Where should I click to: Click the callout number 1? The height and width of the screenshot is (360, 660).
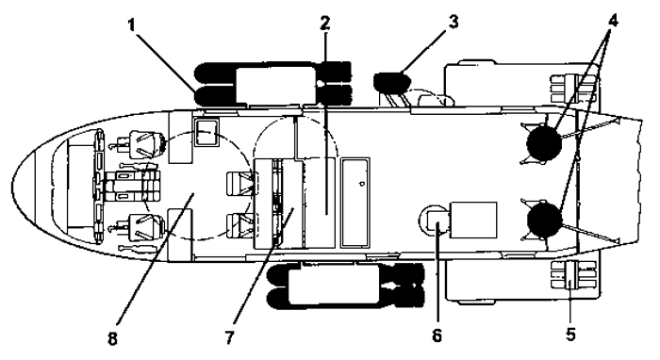[132, 25]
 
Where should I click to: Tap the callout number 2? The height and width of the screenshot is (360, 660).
[324, 24]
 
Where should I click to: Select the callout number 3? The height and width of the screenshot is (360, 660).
[453, 22]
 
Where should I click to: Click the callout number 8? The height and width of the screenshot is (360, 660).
[112, 338]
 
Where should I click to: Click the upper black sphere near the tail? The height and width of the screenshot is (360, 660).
[544, 143]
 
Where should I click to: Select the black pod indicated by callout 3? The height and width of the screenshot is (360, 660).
[392, 82]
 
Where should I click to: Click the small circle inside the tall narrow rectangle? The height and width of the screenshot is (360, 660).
[361, 184]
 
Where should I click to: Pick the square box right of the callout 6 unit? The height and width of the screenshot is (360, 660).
[473, 220]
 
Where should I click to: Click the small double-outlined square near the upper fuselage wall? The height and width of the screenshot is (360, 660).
[206, 132]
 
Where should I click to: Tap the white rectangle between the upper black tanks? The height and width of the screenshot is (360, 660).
[275, 86]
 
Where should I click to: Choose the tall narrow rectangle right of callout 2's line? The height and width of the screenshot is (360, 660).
[355, 203]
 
